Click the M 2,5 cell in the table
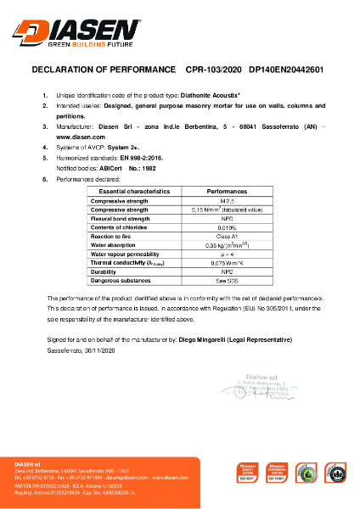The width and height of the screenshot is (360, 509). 227,202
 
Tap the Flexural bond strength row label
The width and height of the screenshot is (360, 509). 127,219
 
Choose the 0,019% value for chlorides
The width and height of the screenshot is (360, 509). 227,227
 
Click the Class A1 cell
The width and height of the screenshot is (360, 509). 227,236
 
